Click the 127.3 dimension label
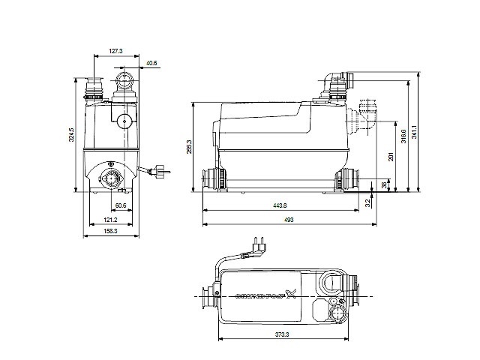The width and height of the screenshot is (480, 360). coord(115,52)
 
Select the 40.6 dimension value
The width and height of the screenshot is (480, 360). coord(151,63)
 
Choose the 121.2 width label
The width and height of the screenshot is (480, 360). coord(109,220)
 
